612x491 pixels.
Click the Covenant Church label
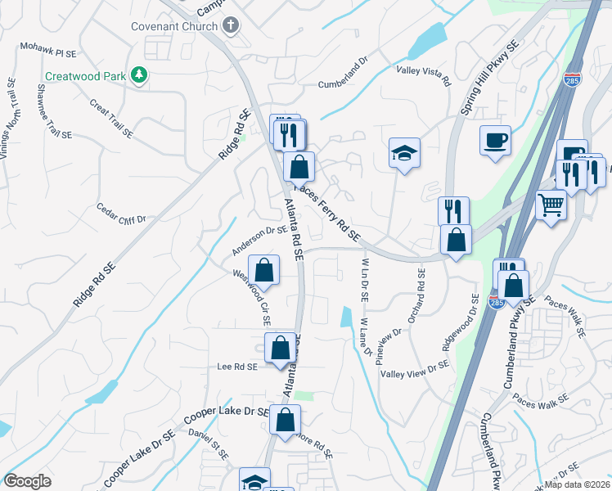[x=174, y=26]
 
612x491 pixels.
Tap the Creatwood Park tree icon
[x=140, y=76]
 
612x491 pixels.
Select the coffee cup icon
[x=495, y=141]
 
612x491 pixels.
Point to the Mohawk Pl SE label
[x=47, y=52]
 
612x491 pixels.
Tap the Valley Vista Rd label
[x=424, y=76]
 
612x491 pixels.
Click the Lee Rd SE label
[x=237, y=367]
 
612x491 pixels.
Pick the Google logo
[x=27, y=480]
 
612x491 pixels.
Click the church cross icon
[x=232, y=25]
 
